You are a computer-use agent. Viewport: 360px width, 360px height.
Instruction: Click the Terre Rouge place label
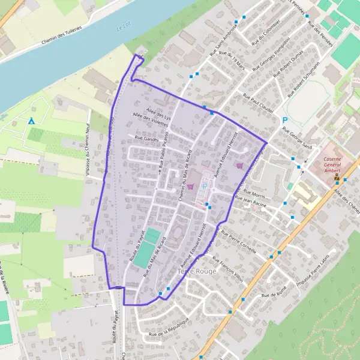click(x=196, y=272)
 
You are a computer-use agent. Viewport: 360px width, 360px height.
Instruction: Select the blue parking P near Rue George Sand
click(x=285, y=120)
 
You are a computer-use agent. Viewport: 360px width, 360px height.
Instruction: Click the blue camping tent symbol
click(x=31, y=121)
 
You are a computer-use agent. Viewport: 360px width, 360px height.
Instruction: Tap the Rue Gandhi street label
click(x=147, y=139)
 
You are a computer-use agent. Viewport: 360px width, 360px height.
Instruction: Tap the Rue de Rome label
click(x=277, y=294)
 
